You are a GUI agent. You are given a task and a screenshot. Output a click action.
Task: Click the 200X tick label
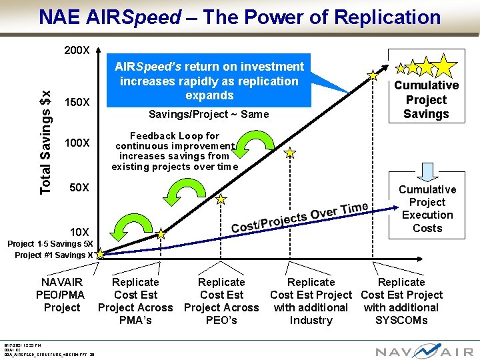(x=77, y=51)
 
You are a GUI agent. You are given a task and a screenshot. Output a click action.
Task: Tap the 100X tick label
(x=77, y=143)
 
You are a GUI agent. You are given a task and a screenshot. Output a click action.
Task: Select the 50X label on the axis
(x=79, y=187)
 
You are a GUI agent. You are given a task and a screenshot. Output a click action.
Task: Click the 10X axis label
(x=79, y=231)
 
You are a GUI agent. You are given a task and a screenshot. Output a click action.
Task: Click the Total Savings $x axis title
(x=45, y=143)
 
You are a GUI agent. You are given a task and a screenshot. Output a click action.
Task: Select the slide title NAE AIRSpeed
(x=239, y=17)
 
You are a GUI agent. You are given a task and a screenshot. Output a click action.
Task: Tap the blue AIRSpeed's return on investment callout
(x=209, y=81)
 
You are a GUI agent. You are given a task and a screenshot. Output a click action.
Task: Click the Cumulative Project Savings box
(x=426, y=99)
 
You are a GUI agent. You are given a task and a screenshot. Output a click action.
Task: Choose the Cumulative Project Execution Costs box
(x=427, y=209)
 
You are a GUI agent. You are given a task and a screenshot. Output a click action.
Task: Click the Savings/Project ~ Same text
(x=209, y=114)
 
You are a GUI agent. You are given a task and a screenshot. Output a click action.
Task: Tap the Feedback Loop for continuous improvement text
(x=175, y=151)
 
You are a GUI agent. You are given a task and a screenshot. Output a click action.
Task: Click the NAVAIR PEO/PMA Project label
(x=62, y=295)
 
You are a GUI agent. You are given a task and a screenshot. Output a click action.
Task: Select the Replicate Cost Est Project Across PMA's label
(x=135, y=301)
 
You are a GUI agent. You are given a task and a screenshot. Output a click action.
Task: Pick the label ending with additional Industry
(x=311, y=301)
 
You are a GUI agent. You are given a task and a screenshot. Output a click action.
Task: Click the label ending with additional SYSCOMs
(x=401, y=301)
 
